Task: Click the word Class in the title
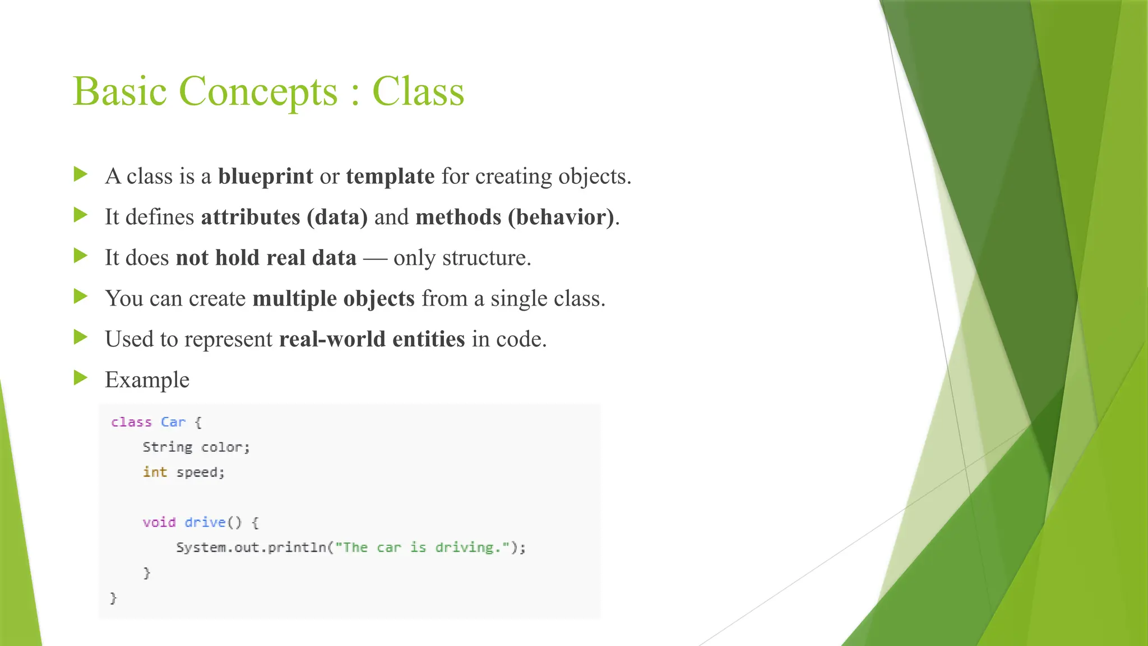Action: tap(418, 91)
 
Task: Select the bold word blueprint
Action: tap(265, 176)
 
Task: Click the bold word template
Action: tap(390, 176)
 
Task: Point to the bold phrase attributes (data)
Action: tap(284, 217)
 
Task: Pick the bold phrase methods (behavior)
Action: tap(515, 217)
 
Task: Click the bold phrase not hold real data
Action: tap(266, 258)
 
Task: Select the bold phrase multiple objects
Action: tap(334, 298)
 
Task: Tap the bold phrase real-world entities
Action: tap(372, 339)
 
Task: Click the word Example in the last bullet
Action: tap(147, 380)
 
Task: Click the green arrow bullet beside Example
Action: tap(81, 378)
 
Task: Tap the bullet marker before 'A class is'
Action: tap(81, 174)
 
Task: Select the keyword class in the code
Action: tap(131, 422)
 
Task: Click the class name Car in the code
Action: tap(173, 422)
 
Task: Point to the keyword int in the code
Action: tap(155, 472)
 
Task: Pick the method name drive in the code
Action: tap(205, 522)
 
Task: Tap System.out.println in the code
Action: tap(251, 547)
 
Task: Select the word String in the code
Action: tap(167, 447)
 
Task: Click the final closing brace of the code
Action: tap(113, 598)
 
